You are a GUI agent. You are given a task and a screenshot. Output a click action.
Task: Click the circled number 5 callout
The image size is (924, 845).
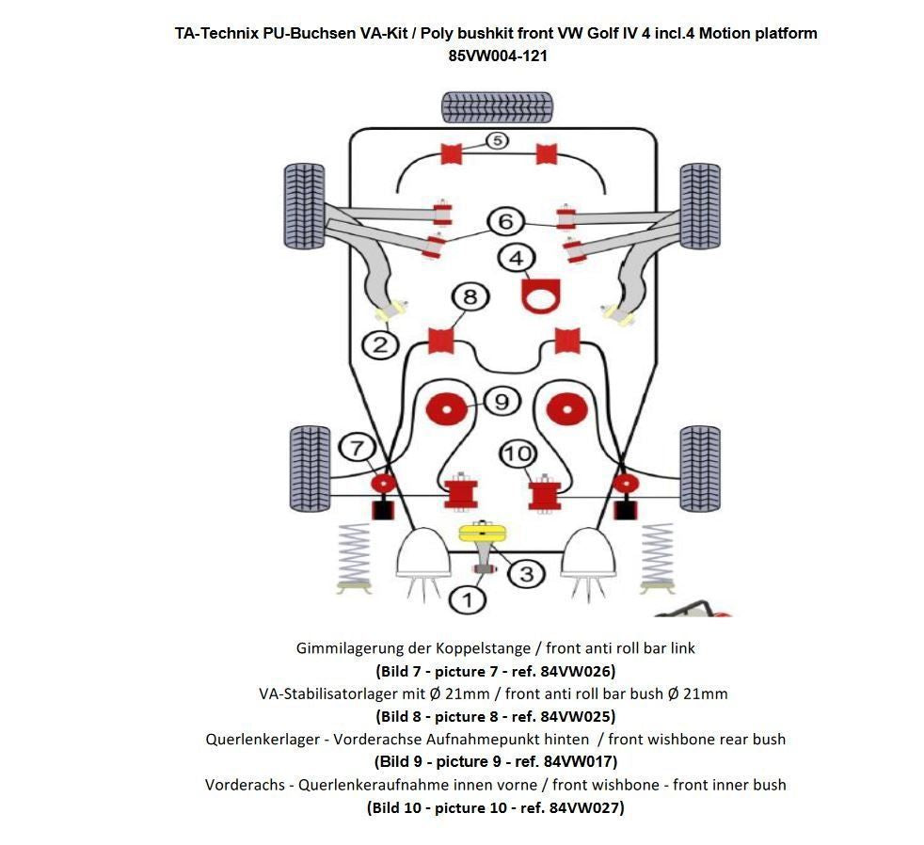point(497,141)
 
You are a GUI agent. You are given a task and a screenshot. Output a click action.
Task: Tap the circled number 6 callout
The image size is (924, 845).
point(505,221)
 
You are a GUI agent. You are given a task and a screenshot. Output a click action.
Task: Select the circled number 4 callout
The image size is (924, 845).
point(516,257)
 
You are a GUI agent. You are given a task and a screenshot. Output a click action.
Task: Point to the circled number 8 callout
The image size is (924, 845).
point(470,298)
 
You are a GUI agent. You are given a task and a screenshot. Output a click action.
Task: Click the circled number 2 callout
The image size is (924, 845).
point(380,344)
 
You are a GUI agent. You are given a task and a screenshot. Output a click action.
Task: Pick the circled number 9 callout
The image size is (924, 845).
point(501,402)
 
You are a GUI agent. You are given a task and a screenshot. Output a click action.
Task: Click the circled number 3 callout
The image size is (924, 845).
point(525,573)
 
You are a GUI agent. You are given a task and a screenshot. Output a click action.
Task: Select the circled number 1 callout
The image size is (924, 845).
point(468,598)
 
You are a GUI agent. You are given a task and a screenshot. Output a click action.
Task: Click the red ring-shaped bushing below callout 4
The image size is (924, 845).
point(541,297)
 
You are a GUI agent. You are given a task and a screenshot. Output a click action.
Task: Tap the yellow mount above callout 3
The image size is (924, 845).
point(483,534)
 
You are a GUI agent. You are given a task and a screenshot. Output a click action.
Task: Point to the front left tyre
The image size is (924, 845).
point(303,205)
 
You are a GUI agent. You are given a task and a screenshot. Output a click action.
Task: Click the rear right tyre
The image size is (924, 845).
point(699,469)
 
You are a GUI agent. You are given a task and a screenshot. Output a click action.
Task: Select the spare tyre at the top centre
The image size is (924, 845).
point(496,106)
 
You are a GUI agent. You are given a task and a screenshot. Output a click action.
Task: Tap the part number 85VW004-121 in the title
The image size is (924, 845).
point(498,56)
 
